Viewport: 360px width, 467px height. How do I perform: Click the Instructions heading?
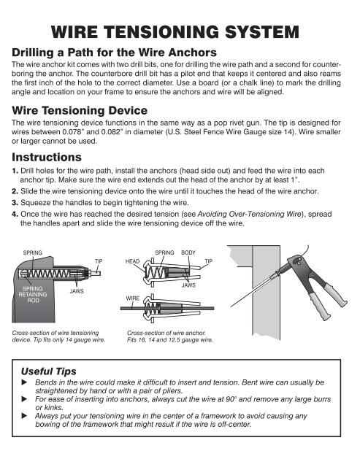pyautogui.click(x=43, y=157)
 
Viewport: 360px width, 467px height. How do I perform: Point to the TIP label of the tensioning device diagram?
pyautogui.click(x=99, y=260)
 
